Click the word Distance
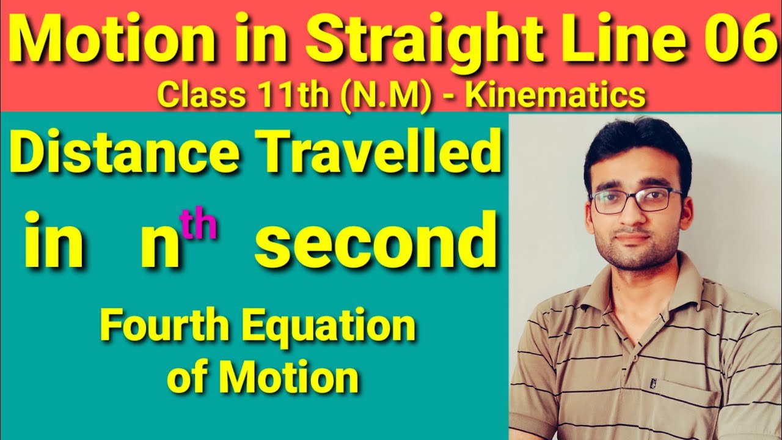pos(125,154)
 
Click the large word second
pos(376,243)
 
